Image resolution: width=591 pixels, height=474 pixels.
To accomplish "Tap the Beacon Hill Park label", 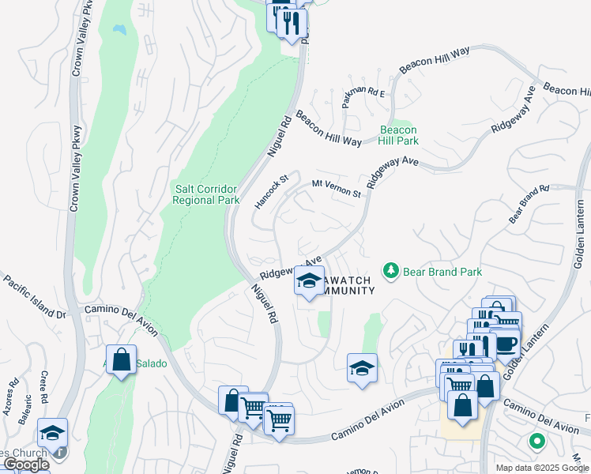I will pyautogui.click(x=398, y=135).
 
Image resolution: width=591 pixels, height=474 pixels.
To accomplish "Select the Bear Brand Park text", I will pyautogui.click(x=442, y=272).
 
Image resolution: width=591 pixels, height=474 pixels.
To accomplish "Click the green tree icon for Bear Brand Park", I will pyautogui.click(x=390, y=272).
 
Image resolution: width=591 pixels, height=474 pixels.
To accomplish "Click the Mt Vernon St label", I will pyautogui.click(x=336, y=189).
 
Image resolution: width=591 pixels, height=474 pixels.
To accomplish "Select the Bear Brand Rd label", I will pyautogui.click(x=529, y=204).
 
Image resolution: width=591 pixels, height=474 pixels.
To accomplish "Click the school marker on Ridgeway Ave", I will pyautogui.click(x=309, y=280).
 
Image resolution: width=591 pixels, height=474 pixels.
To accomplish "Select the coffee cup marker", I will pyautogui.click(x=506, y=343).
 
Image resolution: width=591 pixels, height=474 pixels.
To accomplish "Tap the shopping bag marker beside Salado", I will pyautogui.click(x=121, y=360).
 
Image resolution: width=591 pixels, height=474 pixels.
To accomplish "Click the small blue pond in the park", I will pyautogui.click(x=119, y=30).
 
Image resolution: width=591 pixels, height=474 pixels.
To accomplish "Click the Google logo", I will pyautogui.click(x=26, y=465).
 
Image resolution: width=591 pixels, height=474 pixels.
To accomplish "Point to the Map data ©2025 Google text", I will pyautogui.click(x=542, y=468).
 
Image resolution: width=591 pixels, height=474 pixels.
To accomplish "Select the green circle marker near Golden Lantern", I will pyautogui.click(x=536, y=442).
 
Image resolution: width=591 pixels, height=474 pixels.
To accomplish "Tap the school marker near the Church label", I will pyautogui.click(x=52, y=434).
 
